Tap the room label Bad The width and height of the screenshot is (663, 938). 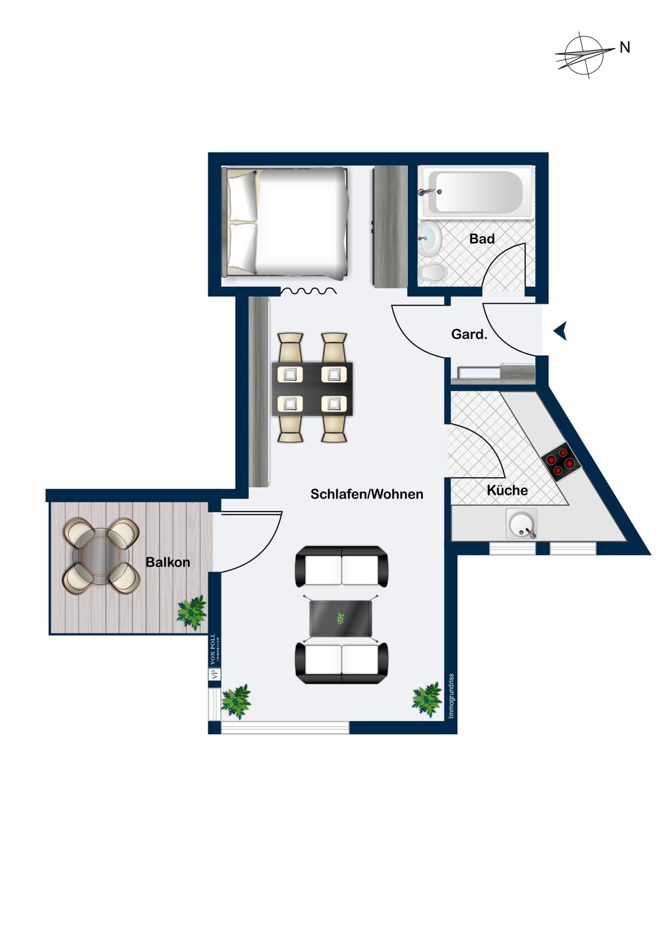pyautogui.click(x=482, y=239)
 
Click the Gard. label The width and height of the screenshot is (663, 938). pyautogui.click(x=469, y=335)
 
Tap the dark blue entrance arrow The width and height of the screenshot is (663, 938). pyautogui.click(x=560, y=331)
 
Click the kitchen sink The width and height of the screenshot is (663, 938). pyautogui.click(x=522, y=524)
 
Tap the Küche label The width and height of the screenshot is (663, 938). pyautogui.click(x=507, y=491)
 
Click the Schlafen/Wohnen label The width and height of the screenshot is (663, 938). pyautogui.click(x=367, y=494)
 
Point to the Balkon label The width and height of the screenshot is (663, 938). pyautogui.click(x=168, y=562)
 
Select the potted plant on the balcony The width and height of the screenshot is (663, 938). pyautogui.click(x=191, y=612)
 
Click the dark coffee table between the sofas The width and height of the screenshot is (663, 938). pyautogui.click(x=341, y=619)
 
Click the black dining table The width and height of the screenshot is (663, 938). pyautogui.click(x=312, y=389)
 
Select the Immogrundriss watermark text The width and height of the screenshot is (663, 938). pyautogui.click(x=452, y=695)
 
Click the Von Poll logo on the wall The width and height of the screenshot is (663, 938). pyautogui.click(x=214, y=657)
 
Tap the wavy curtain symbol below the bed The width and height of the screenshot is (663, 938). pyautogui.click(x=308, y=291)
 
